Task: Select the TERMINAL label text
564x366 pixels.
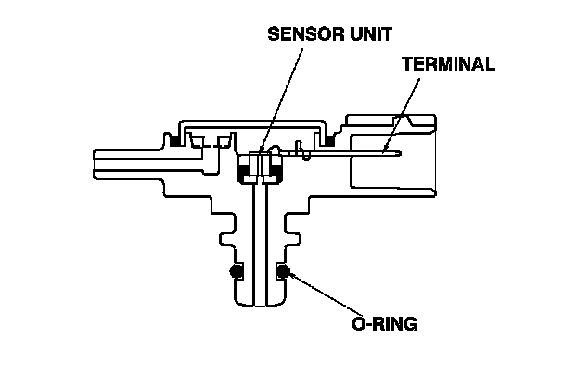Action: click(449, 64)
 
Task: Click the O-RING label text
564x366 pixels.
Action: click(385, 323)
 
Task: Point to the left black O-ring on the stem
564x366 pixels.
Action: click(237, 271)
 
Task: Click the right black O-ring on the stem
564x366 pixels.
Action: click(283, 271)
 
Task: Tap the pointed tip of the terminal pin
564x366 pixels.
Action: click(401, 154)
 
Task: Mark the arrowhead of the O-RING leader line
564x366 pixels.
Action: click(292, 276)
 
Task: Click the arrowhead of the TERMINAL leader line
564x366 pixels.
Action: click(385, 149)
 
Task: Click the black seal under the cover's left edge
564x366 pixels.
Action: click(175, 141)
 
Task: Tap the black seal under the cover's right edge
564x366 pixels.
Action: click(330, 141)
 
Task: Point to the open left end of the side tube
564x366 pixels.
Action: click(95, 163)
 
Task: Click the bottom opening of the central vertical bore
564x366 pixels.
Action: click(260, 305)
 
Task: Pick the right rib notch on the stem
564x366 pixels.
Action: click(292, 239)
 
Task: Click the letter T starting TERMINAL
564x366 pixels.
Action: click(407, 64)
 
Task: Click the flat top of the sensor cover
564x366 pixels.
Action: click(253, 123)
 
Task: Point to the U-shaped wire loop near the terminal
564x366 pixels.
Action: click(304, 150)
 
